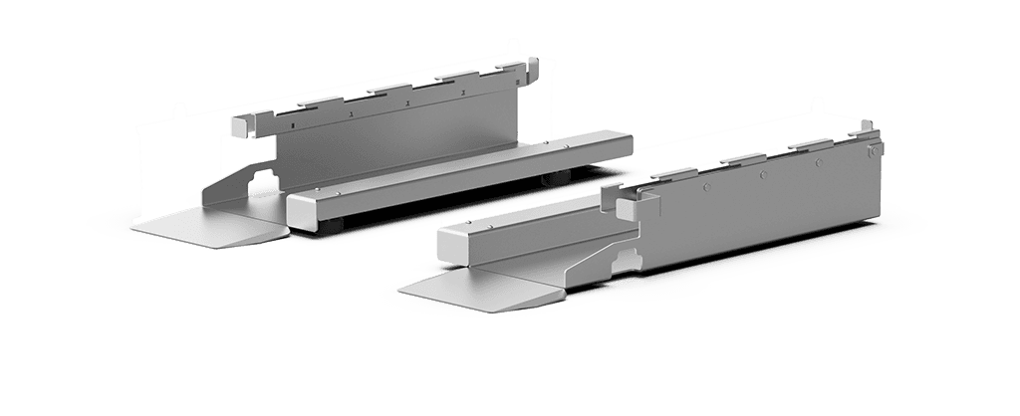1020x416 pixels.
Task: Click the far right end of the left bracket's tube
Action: coord(626,144)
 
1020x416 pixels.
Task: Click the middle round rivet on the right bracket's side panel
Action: coord(762,170)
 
